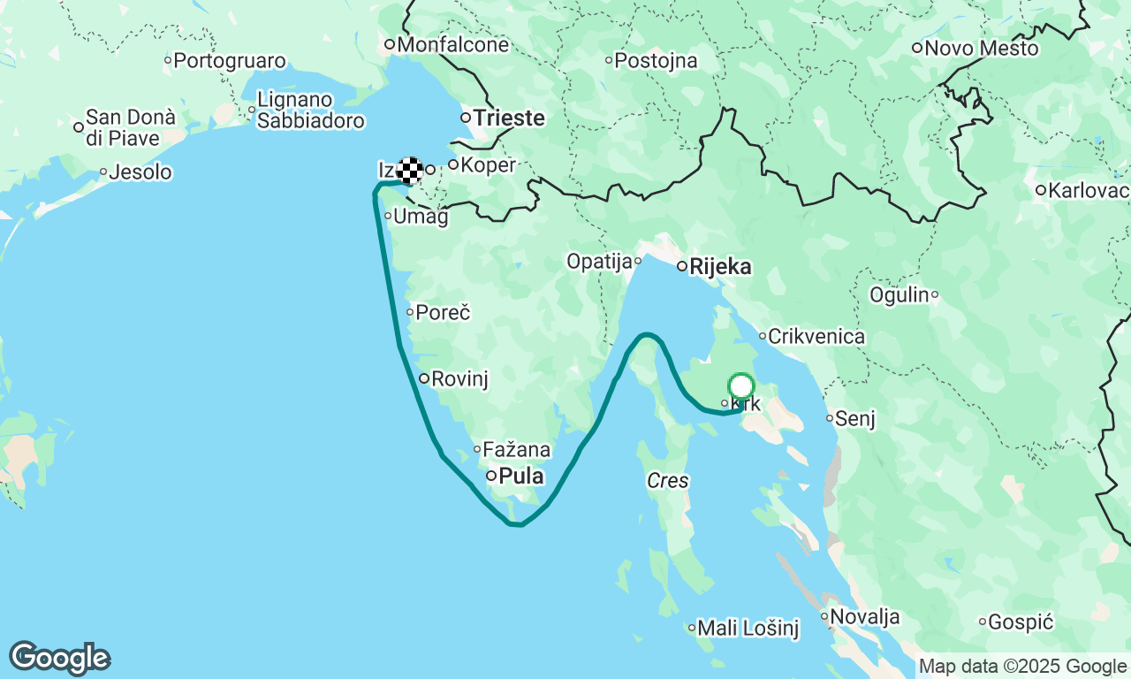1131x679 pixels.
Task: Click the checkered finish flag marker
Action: tap(409, 170)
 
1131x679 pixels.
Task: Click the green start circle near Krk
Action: tap(740, 386)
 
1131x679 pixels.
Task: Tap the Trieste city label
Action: tap(508, 118)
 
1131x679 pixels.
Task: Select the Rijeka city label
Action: tap(720, 266)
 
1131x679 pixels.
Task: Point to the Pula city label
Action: tap(520, 477)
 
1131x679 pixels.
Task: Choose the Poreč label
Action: tap(443, 312)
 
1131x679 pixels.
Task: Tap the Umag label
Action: tap(420, 217)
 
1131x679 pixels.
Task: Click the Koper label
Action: tap(487, 164)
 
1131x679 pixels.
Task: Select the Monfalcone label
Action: tap(453, 45)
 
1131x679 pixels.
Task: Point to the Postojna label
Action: tap(656, 61)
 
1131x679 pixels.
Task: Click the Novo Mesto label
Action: tap(981, 49)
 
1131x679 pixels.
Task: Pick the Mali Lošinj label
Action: tap(748, 629)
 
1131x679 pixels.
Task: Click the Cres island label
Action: tap(667, 482)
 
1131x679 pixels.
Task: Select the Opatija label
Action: tap(599, 262)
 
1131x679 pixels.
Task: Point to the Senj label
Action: tap(854, 419)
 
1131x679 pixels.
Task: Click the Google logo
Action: tap(59, 659)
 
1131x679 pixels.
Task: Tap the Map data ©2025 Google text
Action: tap(1022, 667)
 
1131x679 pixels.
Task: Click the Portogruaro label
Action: tap(230, 61)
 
